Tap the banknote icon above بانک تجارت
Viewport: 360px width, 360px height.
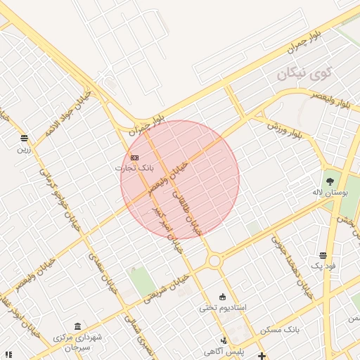point(134,157)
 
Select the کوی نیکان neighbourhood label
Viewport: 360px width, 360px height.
point(303,73)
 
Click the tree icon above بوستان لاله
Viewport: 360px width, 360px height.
point(330,181)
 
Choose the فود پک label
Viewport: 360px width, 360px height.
point(323,266)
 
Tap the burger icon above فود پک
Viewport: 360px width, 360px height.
point(323,255)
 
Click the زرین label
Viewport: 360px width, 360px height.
point(25,149)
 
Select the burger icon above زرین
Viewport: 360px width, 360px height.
point(25,138)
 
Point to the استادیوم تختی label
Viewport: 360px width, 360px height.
point(222,307)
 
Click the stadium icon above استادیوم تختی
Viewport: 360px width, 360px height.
point(223,296)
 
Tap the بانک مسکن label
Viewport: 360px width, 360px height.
point(280,329)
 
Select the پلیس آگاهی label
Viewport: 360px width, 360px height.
point(224,351)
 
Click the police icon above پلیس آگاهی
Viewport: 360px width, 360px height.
point(224,340)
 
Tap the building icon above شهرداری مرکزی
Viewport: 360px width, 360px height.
point(77,328)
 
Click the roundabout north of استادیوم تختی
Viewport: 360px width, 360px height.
point(214,261)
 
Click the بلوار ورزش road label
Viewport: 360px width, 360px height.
point(289,131)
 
